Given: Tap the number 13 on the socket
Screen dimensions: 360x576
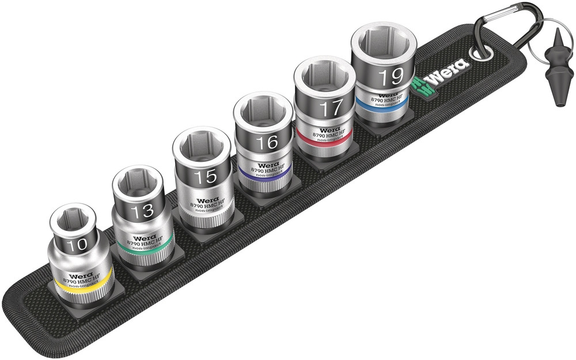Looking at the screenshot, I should tap(141, 210).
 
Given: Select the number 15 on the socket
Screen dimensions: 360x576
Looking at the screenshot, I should tap(205, 176).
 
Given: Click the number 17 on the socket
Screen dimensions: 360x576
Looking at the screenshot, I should tap(327, 108).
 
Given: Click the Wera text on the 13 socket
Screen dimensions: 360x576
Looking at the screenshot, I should tap(143, 237).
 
